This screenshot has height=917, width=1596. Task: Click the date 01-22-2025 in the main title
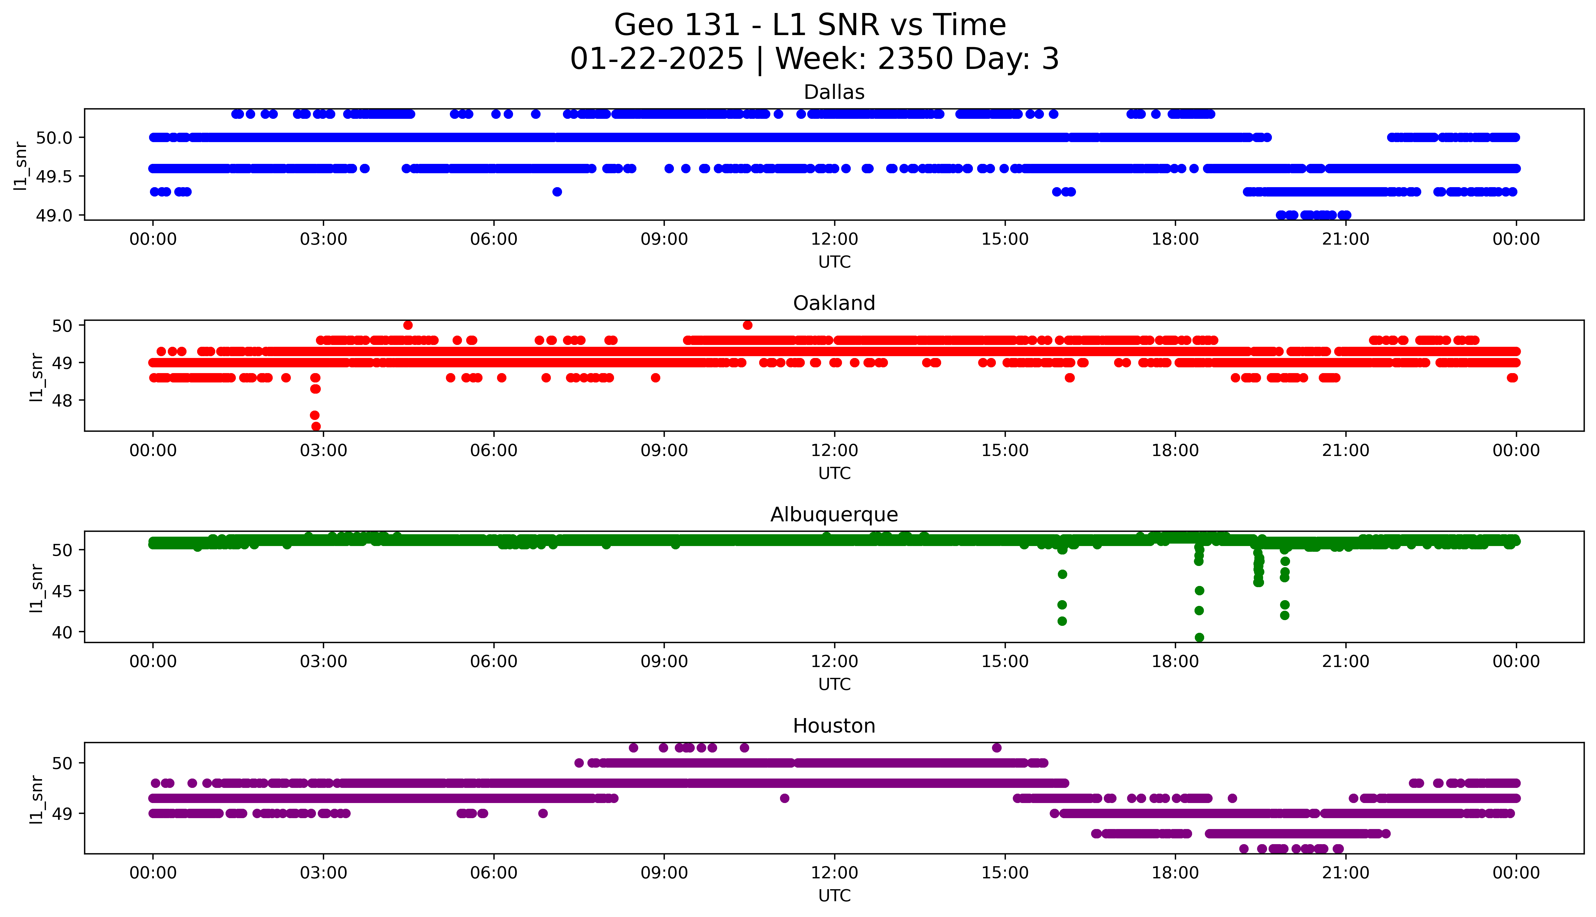coord(657,59)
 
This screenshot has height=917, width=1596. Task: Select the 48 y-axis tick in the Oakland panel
coord(63,401)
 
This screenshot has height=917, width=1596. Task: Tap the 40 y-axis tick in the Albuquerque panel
coord(63,632)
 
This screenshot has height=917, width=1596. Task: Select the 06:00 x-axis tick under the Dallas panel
coord(494,239)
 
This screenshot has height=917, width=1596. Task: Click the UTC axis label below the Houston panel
coord(834,896)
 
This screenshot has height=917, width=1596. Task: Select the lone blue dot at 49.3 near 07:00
coord(557,191)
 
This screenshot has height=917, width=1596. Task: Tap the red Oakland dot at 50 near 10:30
coord(747,325)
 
